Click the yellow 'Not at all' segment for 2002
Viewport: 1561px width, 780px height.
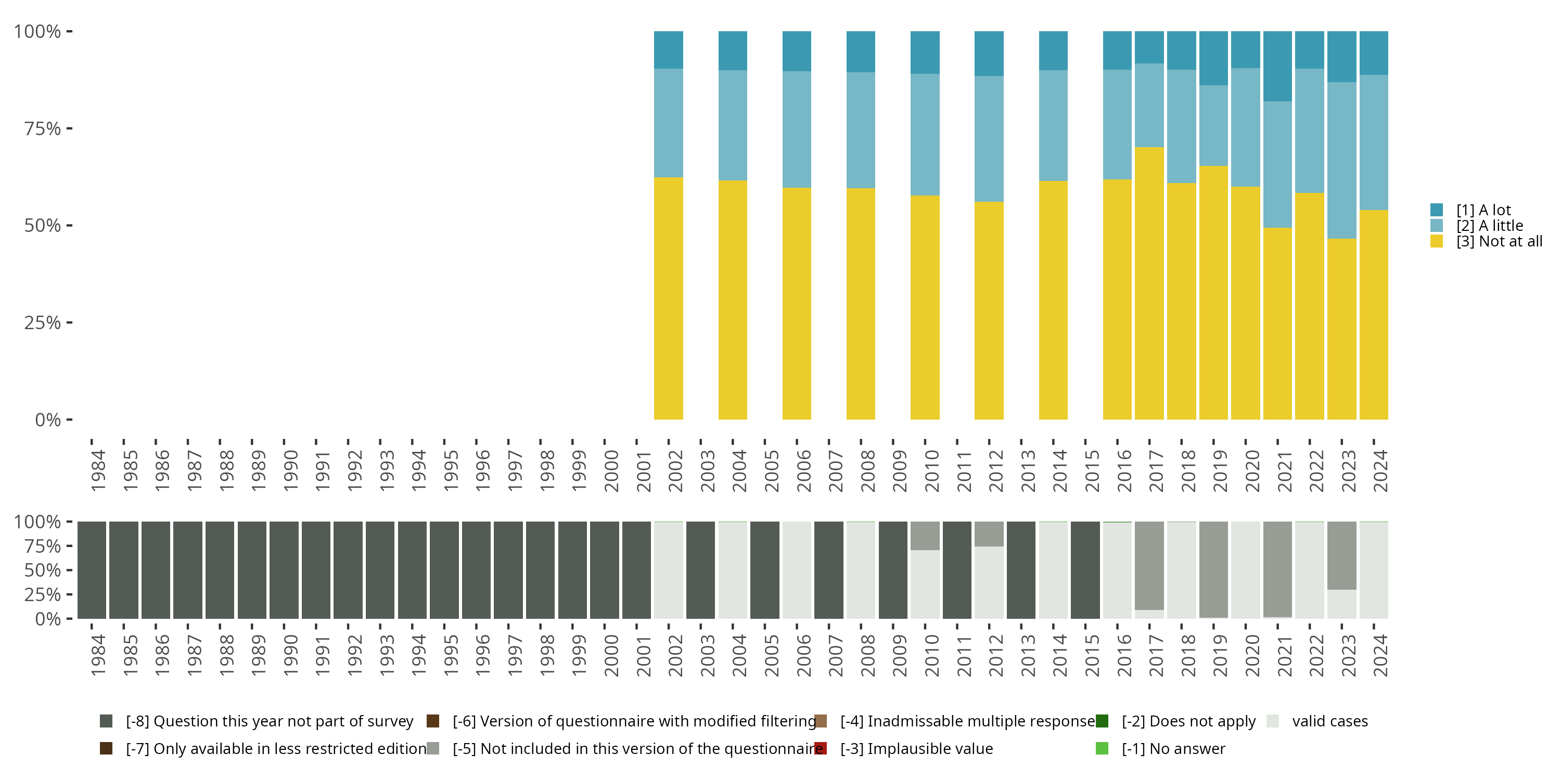(x=669, y=298)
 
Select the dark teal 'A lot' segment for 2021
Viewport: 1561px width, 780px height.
(x=1277, y=66)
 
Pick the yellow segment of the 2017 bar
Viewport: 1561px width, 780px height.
(x=1149, y=283)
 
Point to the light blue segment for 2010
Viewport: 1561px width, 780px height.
(x=925, y=135)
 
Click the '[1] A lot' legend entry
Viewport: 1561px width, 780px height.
(x=1483, y=210)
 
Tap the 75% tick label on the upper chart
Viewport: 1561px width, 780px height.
(x=43, y=128)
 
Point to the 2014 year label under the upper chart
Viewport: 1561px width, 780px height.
(x=1059, y=471)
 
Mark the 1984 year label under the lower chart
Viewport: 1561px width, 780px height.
(x=98, y=655)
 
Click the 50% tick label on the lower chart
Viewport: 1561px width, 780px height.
(x=43, y=570)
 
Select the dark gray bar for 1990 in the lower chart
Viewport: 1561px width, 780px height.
(x=284, y=570)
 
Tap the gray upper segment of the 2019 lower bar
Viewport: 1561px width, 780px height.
(x=1213, y=569)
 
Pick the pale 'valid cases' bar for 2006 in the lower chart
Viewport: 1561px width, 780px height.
(x=796, y=570)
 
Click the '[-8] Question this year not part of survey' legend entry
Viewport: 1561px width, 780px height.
(x=269, y=721)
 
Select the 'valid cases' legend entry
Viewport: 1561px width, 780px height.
(x=1329, y=721)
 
